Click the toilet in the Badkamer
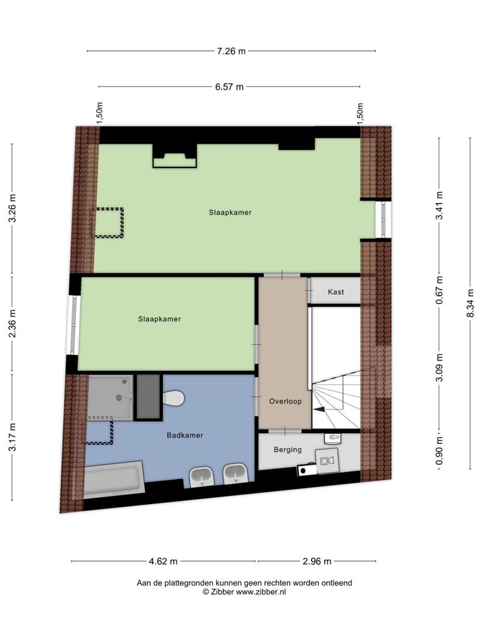174,397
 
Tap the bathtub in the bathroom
114,480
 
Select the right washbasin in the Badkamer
235,474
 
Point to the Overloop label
286,401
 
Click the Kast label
336,292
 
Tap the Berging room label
287,450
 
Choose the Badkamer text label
185,435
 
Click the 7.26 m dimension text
231,51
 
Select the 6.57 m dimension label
230,87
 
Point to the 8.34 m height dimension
471,303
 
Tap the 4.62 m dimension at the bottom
163,561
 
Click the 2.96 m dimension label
317,561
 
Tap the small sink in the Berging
332,438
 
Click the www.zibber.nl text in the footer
260,592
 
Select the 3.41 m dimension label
439,205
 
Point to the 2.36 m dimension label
13,324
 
